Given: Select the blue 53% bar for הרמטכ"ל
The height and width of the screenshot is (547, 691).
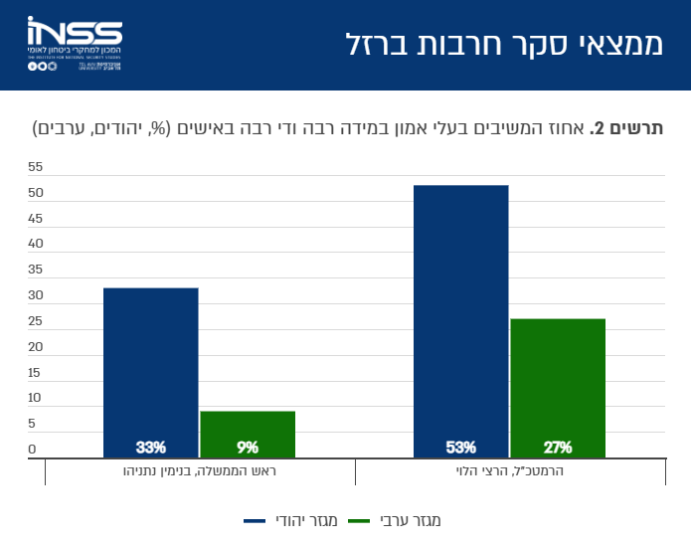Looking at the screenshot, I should point(460,318).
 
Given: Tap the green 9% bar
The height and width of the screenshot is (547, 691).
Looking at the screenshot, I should point(248,432).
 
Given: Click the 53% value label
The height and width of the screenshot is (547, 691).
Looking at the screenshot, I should point(460,447).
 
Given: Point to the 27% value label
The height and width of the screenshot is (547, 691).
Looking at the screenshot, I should point(558,447).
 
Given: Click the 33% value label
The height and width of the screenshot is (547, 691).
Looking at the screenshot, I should point(150,447).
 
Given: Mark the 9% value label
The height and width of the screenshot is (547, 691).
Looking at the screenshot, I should point(248,447).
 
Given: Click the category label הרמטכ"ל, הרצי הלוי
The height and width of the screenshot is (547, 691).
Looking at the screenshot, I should point(510,470).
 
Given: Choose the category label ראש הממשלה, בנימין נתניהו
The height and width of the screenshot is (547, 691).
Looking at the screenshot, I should point(200,470).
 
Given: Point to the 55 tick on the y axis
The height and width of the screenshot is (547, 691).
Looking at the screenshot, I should point(36,166).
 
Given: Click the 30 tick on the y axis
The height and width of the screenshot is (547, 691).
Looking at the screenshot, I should point(36,295).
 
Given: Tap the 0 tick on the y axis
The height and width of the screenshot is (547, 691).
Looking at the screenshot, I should point(32,450).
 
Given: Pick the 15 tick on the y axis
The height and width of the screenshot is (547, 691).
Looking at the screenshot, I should point(36,373).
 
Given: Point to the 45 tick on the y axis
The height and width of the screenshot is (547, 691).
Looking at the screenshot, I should point(36,218).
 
